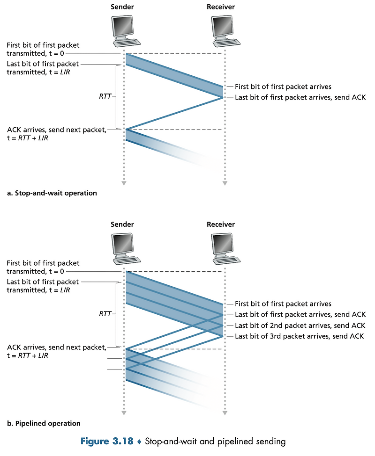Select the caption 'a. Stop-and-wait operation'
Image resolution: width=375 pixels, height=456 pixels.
click(52, 193)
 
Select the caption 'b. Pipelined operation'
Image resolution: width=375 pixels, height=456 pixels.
click(44, 423)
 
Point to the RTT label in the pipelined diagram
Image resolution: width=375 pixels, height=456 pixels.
click(105, 314)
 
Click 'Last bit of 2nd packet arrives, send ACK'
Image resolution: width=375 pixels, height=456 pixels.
click(300, 326)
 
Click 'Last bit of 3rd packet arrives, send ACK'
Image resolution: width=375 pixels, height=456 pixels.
click(300, 336)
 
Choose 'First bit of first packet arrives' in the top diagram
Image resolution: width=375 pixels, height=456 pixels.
click(283, 87)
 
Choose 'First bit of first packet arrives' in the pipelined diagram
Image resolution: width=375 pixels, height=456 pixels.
click(283, 304)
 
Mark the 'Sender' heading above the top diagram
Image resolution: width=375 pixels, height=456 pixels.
click(122, 7)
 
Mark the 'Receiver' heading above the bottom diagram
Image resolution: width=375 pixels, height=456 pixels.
click(221, 224)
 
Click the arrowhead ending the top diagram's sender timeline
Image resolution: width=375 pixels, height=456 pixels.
click(124, 183)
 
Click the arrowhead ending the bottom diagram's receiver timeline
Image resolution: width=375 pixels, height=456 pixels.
click(225, 413)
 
